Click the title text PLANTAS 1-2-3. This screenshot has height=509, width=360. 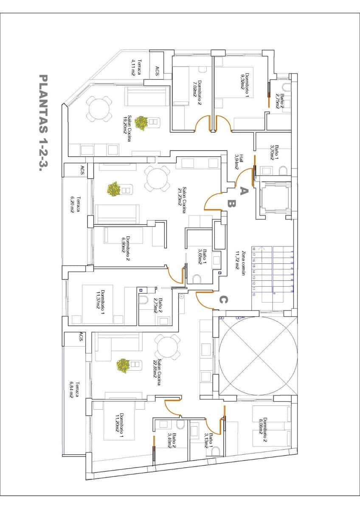point(43,123)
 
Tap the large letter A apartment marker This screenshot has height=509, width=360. point(243,191)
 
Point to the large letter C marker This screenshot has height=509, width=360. point(223,300)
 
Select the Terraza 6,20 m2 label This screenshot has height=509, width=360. point(76,205)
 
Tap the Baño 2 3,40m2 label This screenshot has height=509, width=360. point(172,440)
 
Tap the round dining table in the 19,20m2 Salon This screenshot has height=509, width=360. point(100,109)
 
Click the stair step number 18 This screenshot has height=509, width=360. point(254,249)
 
